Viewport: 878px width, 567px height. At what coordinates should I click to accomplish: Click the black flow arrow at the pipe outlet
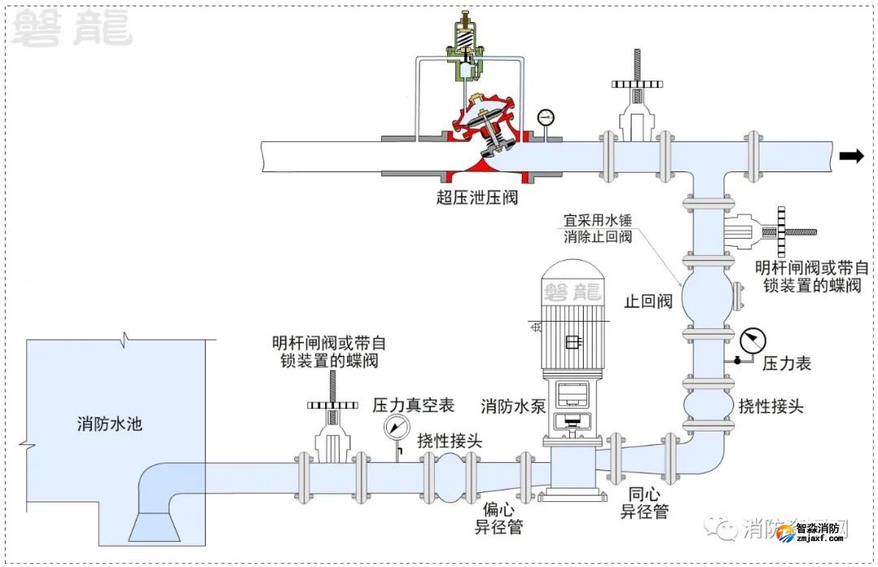click(x=851, y=157)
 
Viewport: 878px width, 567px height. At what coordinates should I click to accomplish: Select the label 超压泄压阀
click(x=476, y=197)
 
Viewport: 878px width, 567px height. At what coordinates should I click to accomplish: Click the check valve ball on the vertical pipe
click(x=706, y=297)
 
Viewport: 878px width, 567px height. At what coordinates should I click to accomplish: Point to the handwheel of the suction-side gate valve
click(x=333, y=404)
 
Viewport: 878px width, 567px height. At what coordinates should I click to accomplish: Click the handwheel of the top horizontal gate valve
click(x=640, y=82)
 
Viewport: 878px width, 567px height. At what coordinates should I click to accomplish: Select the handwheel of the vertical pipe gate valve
click(x=785, y=232)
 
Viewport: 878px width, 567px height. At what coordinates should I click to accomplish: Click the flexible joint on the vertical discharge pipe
click(x=706, y=402)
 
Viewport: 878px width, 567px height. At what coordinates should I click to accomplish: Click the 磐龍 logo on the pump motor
click(x=574, y=291)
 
